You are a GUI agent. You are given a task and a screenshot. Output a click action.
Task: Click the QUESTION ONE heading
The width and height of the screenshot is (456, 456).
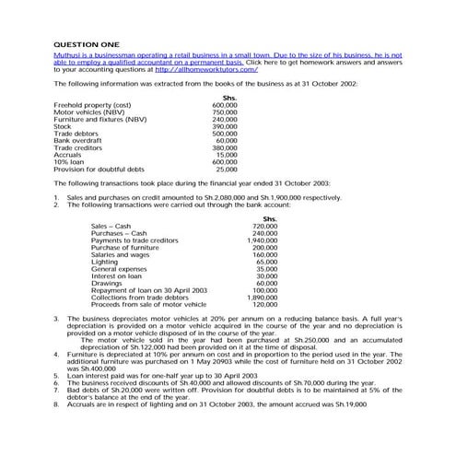coord(87,43)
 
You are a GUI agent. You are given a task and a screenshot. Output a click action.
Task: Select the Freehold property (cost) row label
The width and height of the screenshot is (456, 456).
coord(92,104)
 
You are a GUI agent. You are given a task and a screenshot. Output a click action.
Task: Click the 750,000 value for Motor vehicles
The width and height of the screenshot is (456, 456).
coord(224,111)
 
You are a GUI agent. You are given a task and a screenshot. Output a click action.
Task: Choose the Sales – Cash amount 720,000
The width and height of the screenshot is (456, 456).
coord(264,226)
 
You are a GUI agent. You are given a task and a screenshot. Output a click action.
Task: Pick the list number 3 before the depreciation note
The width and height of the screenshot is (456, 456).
coord(56,318)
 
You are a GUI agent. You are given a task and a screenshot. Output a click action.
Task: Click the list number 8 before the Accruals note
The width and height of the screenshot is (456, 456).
coord(56,403)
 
